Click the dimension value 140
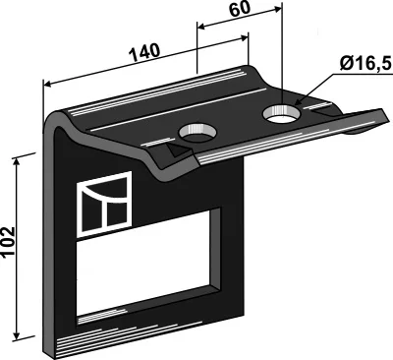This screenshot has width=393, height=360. (x=145, y=52)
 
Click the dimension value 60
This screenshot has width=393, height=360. (x=240, y=9)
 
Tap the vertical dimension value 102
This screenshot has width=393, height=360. (x=8, y=242)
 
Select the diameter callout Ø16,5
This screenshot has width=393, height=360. (x=365, y=64)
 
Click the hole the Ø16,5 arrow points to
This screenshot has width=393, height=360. (x=282, y=115)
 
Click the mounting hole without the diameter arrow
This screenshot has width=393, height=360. (x=197, y=133)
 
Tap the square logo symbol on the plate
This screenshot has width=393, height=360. (x=104, y=204)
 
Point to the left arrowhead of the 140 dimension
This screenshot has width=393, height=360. (x=47, y=85)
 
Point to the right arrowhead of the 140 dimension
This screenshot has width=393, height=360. (x=245, y=37)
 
